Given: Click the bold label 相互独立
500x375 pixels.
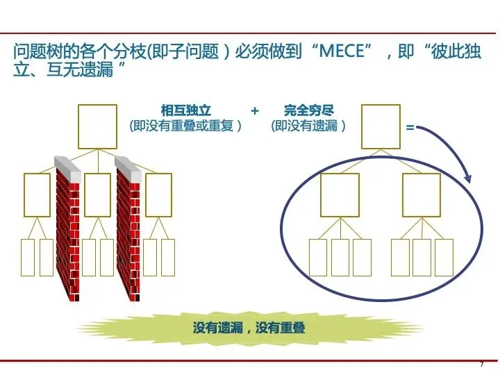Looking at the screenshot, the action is [185, 110].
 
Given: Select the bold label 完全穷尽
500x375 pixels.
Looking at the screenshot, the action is [309, 110].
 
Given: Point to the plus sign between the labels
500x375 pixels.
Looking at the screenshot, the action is [255, 110].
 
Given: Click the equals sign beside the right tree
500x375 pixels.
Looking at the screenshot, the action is [410, 128].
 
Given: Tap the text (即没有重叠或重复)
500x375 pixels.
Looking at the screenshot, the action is [185, 126].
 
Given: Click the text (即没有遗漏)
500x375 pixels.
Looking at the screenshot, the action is [309, 126].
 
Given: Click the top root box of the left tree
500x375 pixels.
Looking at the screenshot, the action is [97, 126].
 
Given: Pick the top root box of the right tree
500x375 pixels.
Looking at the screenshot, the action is [381, 126].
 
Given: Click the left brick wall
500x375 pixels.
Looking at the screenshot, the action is [67, 229].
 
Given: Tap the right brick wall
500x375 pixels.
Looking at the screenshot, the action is [128, 229].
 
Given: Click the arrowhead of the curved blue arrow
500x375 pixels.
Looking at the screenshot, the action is [468, 178].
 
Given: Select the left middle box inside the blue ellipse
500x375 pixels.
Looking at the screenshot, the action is [340, 194].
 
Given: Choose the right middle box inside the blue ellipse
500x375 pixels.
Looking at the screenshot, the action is [422, 194].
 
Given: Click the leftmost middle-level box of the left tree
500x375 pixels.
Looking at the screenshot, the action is [37, 194].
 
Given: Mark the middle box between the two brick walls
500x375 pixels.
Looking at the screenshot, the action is [98, 194].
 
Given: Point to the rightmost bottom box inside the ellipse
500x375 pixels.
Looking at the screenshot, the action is [444, 257].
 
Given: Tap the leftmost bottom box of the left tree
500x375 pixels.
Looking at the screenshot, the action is [28, 257].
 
